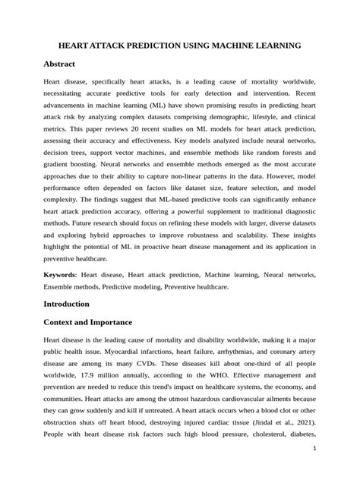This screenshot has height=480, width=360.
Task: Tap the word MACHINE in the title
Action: tap(234, 46)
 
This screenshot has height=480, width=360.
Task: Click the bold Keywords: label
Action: tap(64, 271)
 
